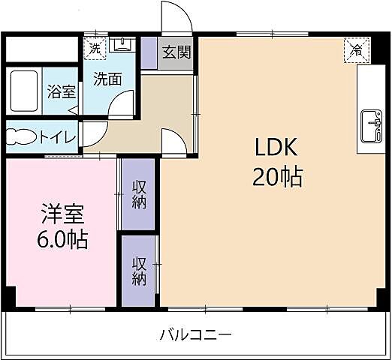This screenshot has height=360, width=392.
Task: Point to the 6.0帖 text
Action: point(62,240)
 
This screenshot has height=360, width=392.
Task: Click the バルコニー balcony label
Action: point(195,334)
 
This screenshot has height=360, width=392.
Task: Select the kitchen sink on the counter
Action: point(371,124)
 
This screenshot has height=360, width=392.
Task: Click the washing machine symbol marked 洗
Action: point(95,46)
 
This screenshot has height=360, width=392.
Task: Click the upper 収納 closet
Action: point(139,194)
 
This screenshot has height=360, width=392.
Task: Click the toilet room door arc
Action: point(91,133)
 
